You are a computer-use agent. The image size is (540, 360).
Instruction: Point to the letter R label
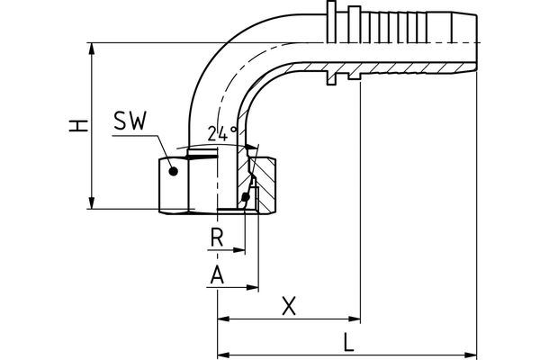(x=216, y=238)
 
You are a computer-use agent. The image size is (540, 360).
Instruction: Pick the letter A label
(x=216, y=275)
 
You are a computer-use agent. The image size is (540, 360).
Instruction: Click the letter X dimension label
(x=288, y=306)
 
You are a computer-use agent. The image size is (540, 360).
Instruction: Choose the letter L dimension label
(x=348, y=341)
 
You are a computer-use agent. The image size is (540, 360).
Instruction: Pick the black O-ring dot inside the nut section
(x=246, y=197)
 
